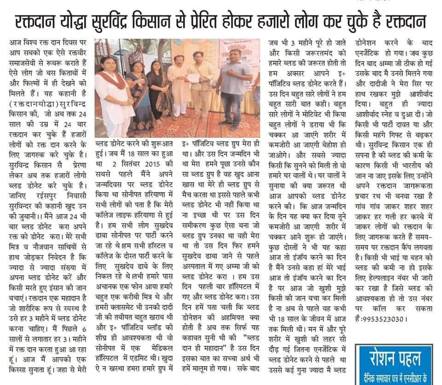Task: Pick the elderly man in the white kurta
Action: pos(177,92)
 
